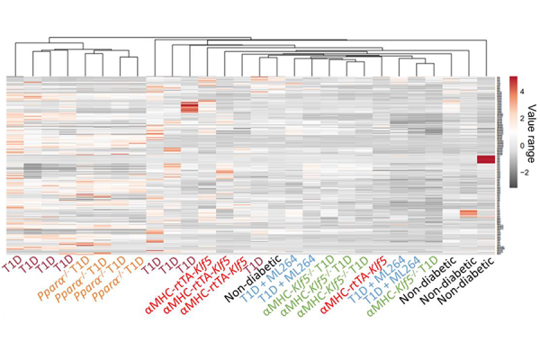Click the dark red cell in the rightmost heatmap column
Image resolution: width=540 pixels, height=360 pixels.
point(486,159)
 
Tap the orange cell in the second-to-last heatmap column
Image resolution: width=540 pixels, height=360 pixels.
point(468,213)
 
